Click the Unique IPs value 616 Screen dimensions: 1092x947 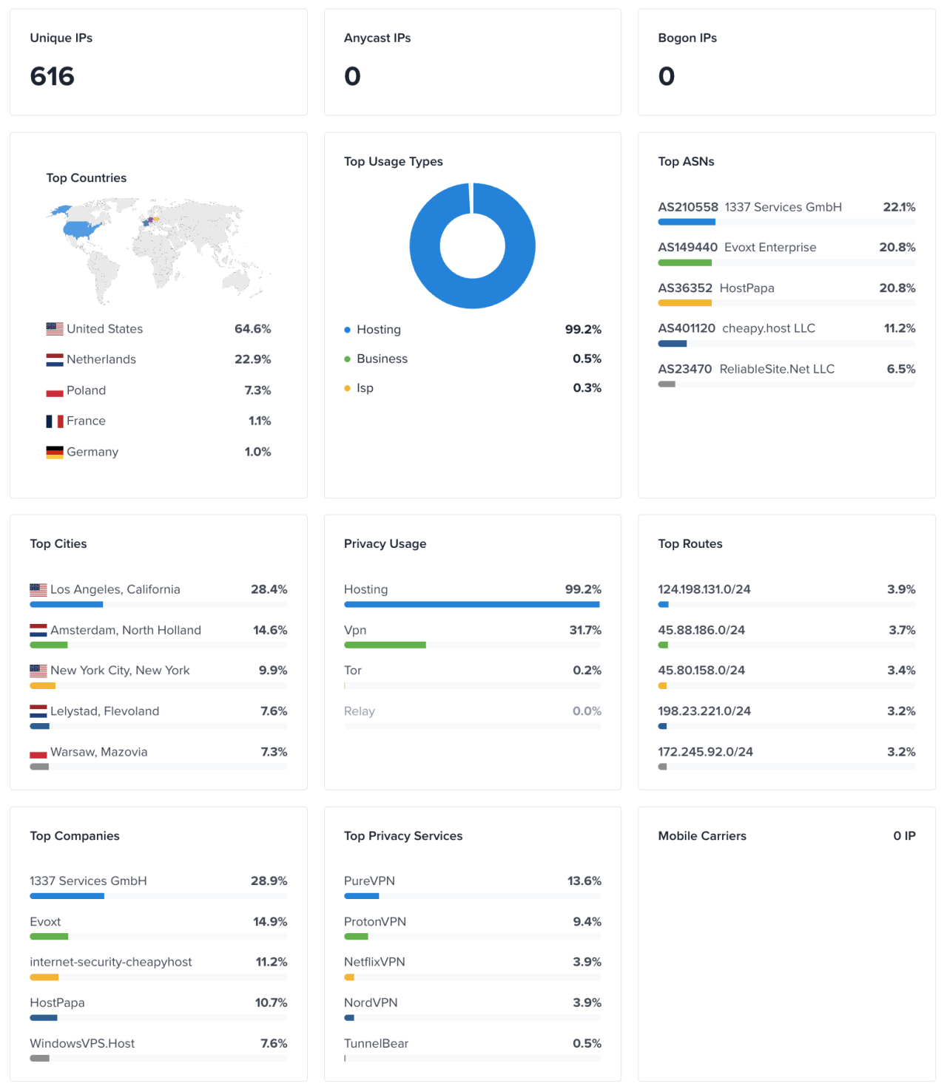pos(52,76)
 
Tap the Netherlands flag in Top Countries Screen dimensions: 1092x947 pos(55,360)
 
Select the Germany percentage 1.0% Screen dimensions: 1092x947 pos(257,452)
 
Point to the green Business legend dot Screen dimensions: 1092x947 pos(347,359)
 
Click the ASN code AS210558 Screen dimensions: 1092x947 pos(687,207)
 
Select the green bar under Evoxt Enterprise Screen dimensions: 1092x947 pos(684,262)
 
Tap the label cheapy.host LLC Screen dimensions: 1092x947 pos(768,328)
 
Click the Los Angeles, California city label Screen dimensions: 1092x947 pos(115,589)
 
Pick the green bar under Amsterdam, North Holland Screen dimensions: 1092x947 pos(49,645)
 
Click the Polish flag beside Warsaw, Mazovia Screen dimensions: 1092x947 pos(38,753)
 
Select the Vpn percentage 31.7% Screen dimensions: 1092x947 pos(585,630)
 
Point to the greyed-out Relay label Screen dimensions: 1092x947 pos(360,711)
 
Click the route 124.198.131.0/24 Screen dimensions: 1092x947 pos(704,589)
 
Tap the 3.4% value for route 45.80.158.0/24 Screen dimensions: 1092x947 pos(901,671)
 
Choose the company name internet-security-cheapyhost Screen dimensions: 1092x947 pos(111,962)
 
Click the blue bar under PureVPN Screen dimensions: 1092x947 pos(361,896)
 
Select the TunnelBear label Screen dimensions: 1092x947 pos(376,1043)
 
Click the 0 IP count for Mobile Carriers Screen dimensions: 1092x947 pos(904,835)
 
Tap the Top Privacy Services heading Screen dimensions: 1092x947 pos(403,835)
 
